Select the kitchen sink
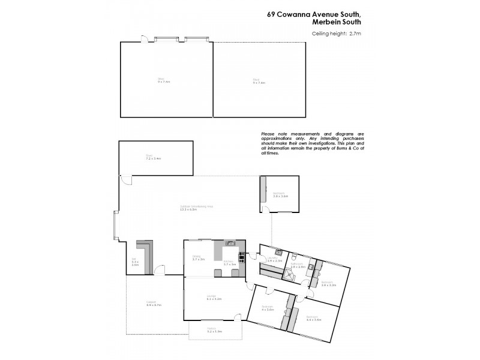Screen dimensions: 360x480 (x=229, y=243)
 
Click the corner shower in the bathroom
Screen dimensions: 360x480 (x=289, y=275)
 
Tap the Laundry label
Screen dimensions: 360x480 (x=275, y=259)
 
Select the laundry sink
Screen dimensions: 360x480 (x=279, y=252)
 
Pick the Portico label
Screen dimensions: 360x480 (x=214, y=331)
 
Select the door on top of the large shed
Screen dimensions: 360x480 (x=144, y=40)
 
